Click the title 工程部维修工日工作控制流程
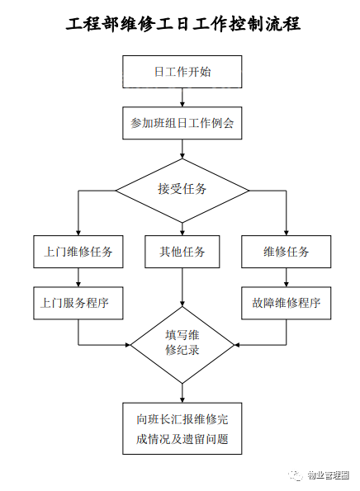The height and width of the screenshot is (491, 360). click(183, 24)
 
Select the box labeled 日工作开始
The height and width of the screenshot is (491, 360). click(182, 72)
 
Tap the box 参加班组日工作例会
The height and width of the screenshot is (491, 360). click(182, 123)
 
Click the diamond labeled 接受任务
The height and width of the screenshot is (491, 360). click(182, 191)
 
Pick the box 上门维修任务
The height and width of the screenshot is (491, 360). click(78, 252)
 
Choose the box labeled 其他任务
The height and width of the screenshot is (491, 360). click(182, 252)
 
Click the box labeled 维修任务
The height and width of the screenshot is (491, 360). click(286, 252)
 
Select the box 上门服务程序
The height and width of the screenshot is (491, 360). click(78, 303)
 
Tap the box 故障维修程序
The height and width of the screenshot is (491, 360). click(286, 303)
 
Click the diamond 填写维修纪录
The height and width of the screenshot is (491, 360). click(182, 345)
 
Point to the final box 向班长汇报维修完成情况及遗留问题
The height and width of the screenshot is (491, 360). click(182, 428)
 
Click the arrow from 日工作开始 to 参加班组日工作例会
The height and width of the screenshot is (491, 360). click(182, 97)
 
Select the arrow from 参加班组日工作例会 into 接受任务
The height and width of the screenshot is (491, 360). click(182, 149)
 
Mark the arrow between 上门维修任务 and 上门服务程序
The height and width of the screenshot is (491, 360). click(78, 277)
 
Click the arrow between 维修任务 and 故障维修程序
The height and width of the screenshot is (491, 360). click(286, 277)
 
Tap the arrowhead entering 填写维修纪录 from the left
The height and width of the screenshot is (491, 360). click(128, 345)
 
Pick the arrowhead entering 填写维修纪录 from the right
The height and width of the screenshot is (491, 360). click(237, 345)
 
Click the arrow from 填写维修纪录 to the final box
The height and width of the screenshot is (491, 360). click(182, 394)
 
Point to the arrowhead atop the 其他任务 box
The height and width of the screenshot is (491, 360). click(182, 233)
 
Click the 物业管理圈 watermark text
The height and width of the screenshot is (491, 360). click(328, 475)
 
